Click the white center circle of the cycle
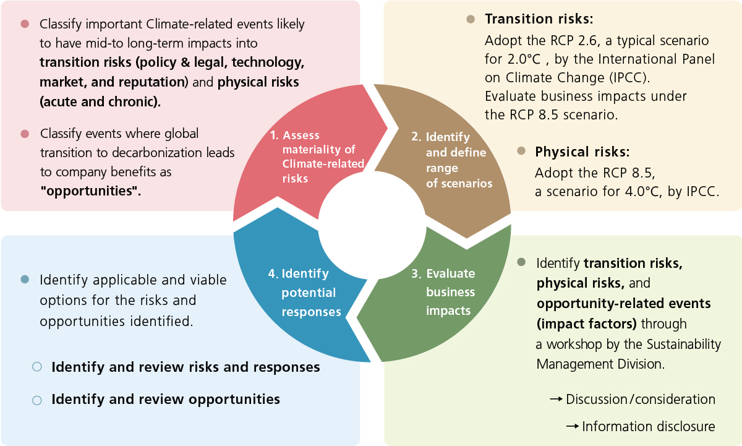point(372,225)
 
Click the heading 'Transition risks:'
point(539,19)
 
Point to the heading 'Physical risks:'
point(582,152)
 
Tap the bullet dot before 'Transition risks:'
point(471,19)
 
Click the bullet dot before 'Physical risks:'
point(521,151)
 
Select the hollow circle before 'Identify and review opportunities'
point(36,400)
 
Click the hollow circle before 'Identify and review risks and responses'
point(36,367)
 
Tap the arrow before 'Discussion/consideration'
point(556,399)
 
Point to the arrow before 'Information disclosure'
point(573,426)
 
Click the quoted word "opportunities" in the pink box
point(90,191)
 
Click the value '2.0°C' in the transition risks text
point(524,59)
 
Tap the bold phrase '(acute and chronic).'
point(100,101)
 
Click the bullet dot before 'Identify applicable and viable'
point(25,280)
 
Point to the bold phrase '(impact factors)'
point(587,324)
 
